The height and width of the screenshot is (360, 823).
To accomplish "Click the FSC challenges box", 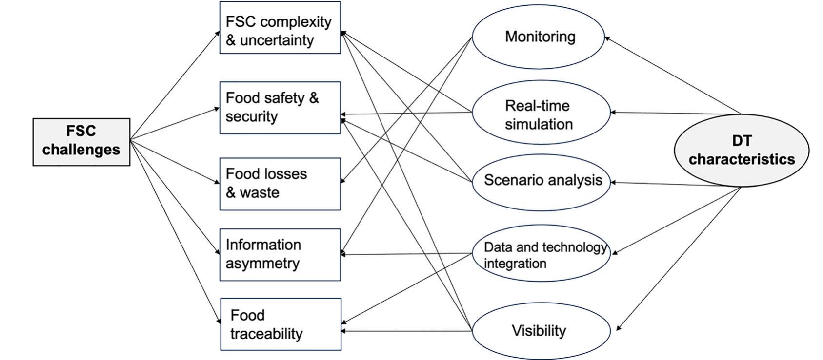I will point(81,142).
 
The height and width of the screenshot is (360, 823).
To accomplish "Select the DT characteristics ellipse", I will point(741,150).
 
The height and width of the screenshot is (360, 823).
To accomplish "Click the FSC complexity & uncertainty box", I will point(280,28).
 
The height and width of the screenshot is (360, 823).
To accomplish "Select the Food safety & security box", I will point(280,108).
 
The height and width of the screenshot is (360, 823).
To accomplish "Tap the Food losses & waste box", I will point(280,184).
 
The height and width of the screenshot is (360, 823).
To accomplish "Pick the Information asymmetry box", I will point(280,254).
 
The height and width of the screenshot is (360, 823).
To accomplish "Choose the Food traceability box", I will point(281,324).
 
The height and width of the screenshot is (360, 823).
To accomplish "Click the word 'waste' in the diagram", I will point(259,193).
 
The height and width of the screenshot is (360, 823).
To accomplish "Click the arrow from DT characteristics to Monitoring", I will point(673,76).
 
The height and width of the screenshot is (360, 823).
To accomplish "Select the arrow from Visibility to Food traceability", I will point(407,331).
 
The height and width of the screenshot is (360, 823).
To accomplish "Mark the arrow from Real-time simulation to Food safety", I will point(407,114).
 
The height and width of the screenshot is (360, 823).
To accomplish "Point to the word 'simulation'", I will point(539,124).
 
